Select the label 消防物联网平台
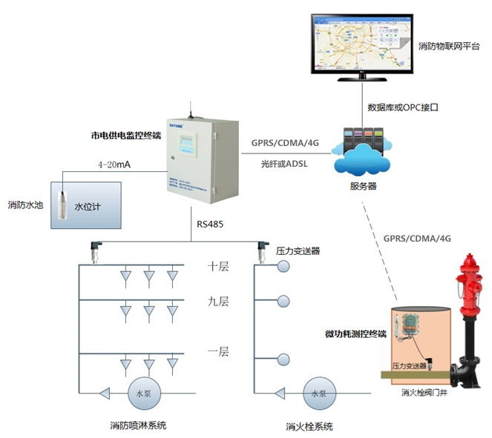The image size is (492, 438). [x=447, y=47]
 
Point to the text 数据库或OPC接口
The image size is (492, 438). [x=403, y=107]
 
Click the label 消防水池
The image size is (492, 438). [x=24, y=204]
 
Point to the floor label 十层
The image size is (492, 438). [x=218, y=266]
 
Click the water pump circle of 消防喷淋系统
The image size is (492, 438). [x=140, y=392]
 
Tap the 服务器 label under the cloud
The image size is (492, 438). [x=363, y=185]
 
